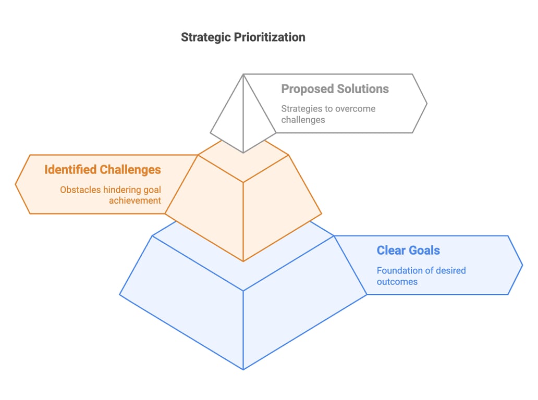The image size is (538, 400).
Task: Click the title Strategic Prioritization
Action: coord(243,37)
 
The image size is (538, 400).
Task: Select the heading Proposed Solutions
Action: coord(335,89)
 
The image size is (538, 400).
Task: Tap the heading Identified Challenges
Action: coord(103,170)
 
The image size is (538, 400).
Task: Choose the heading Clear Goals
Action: coord(408,251)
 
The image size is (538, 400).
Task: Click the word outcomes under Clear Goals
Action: coord(397,282)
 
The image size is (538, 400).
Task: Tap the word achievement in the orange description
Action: coord(135,201)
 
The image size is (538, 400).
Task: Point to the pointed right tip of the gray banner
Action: coord(426,104)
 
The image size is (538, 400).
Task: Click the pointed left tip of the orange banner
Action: coord(16,184)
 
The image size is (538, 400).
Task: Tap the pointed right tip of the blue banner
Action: coord(522,265)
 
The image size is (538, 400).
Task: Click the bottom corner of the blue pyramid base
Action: coord(243,369)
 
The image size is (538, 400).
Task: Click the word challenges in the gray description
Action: coord(303,120)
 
